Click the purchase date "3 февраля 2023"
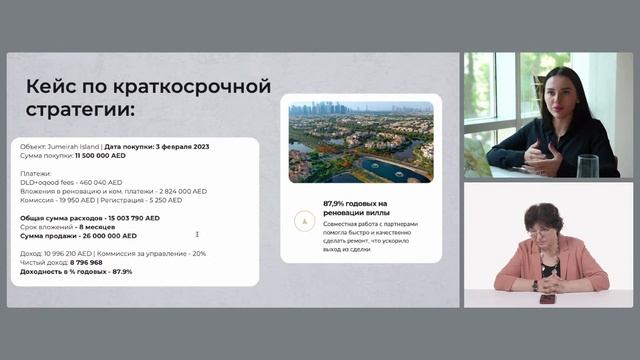188,147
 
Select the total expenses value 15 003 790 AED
125,217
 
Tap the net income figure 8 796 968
98,262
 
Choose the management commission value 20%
198,253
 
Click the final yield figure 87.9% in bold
122,271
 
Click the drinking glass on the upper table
587,165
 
